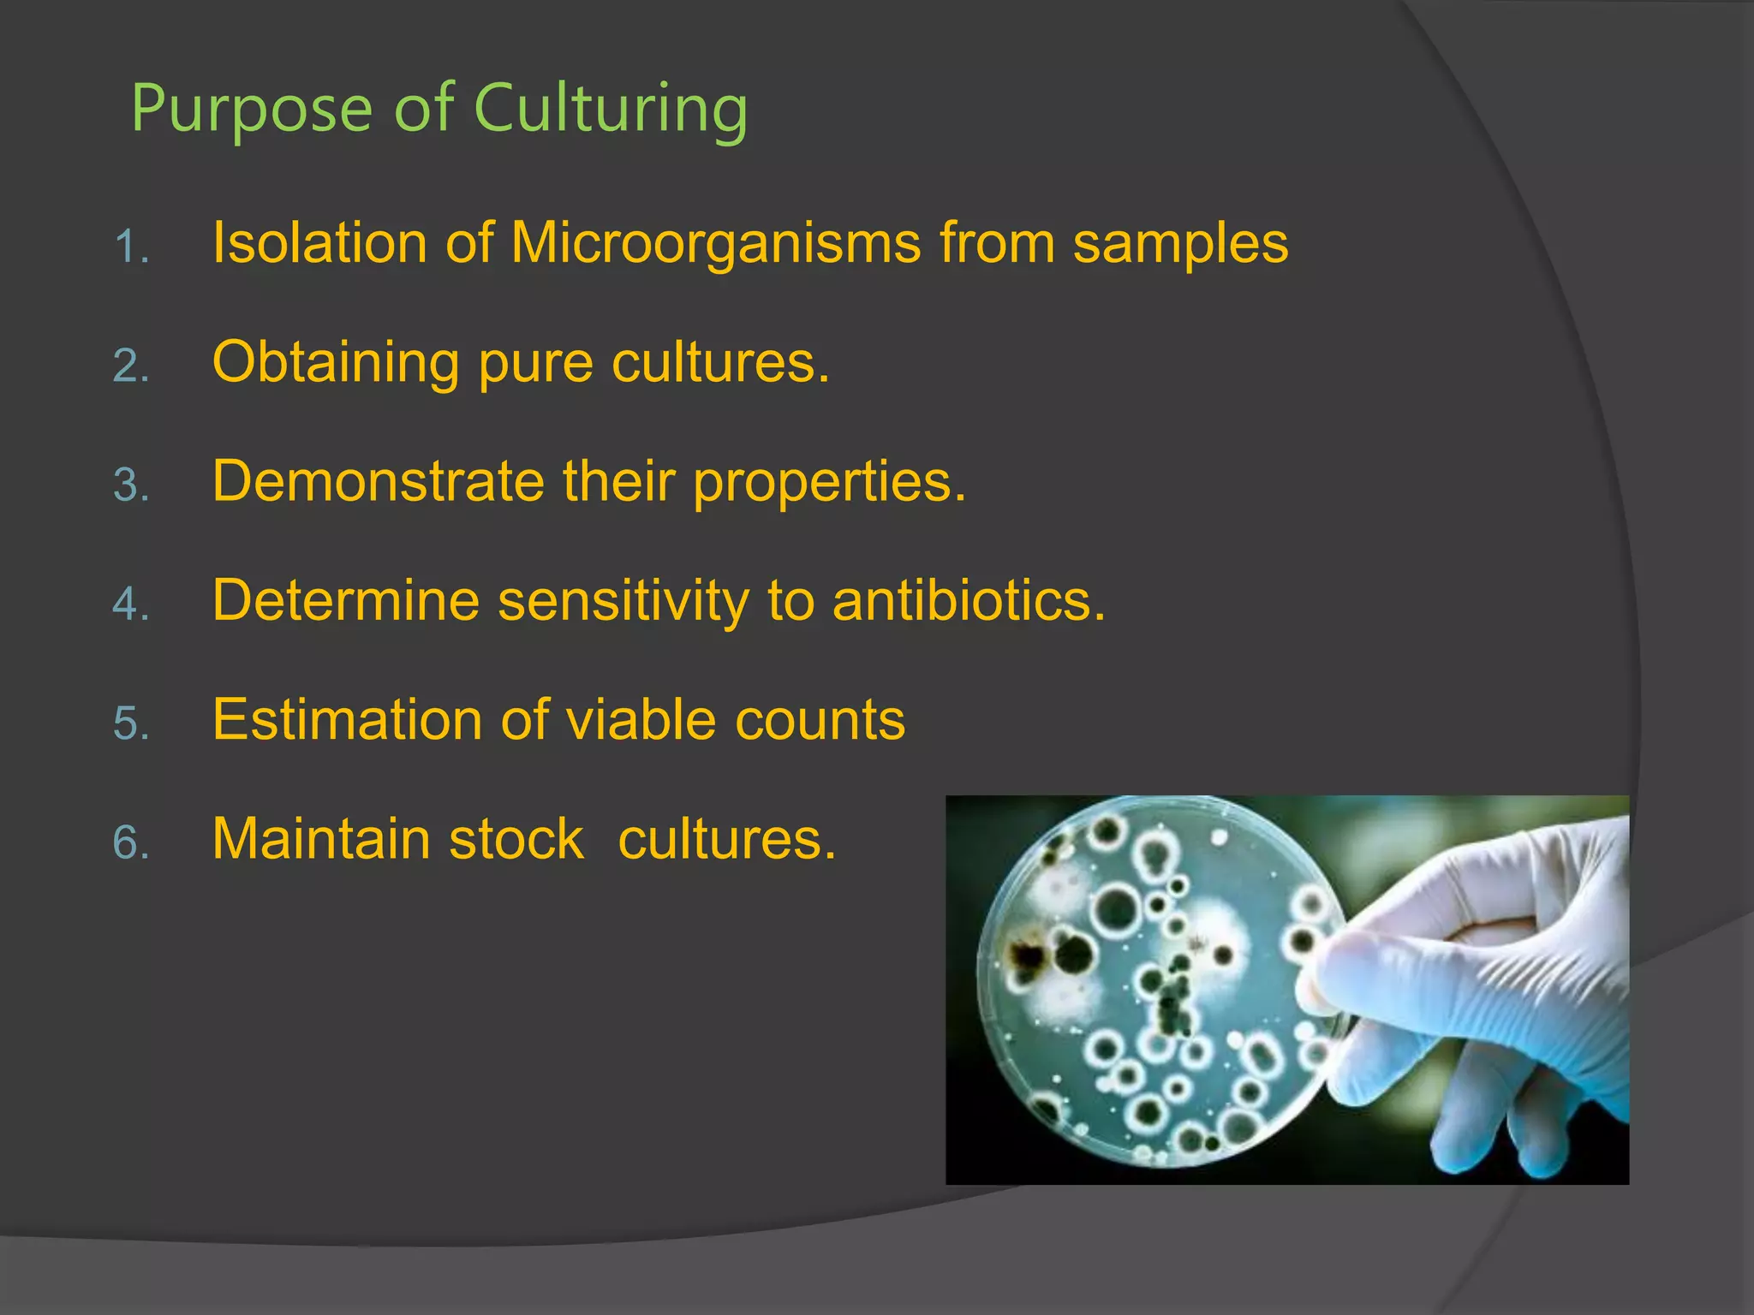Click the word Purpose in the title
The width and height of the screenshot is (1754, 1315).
pos(251,110)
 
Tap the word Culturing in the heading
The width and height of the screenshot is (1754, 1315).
pos(611,110)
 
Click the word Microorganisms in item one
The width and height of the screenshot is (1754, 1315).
pos(715,243)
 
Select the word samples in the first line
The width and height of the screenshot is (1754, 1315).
pos(1180,243)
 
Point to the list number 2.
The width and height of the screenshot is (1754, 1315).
pos(130,367)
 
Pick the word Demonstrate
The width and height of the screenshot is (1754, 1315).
pos(378,481)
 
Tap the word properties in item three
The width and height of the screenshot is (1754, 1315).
pos(828,483)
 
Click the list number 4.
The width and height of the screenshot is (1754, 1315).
pos(130,605)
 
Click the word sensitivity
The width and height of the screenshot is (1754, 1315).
pos(623,600)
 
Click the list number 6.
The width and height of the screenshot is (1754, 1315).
pos(130,843)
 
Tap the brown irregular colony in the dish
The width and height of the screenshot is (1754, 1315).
pos(1028,955)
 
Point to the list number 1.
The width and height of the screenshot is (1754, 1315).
pos(130,248)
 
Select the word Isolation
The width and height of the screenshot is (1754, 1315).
pos(319,243)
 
